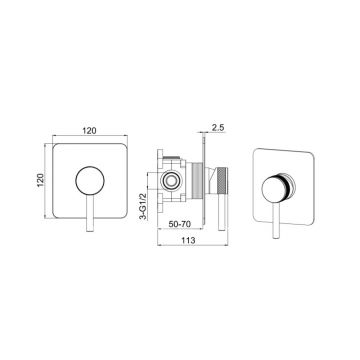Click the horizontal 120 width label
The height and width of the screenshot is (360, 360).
click(90, 130)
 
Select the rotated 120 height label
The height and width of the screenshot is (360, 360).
click(41, 180)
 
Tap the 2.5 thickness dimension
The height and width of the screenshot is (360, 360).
click(218, 127)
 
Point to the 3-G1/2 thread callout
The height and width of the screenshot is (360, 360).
click(143, 207)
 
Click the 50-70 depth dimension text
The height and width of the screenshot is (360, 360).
click(180, 224)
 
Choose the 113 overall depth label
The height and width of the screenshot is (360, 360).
click(188, 240)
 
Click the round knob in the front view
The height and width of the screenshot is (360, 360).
click(90, 181)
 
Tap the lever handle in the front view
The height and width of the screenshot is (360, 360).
click(90, 213)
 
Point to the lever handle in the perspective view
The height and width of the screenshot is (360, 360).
click(276, 220)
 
